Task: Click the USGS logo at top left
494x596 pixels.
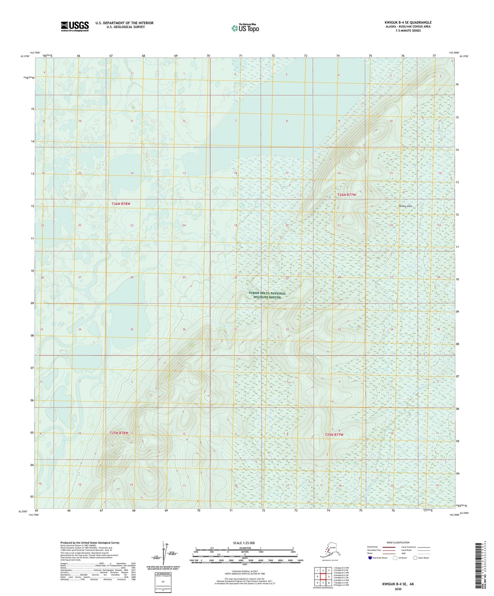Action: click(x=75, y=26)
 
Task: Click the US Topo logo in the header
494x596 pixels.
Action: click(x=245, y=28)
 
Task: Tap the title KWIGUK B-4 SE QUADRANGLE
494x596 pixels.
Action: click(x=408, y=23)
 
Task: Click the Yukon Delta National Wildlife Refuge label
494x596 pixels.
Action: click(x=267, y=295)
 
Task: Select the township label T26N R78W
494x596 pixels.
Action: click(x=121, y=204)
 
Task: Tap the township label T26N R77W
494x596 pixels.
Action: click(x=347, y=195)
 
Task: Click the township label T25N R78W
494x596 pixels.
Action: click(x=119, y=433)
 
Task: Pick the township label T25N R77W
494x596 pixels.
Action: click(x=334, y=435)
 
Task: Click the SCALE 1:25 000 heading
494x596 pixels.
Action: click(x=244, y=543)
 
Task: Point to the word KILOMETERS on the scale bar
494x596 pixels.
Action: click(x=244, y=548)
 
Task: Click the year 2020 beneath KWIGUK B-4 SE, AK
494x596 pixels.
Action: click(x=398, y=589)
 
